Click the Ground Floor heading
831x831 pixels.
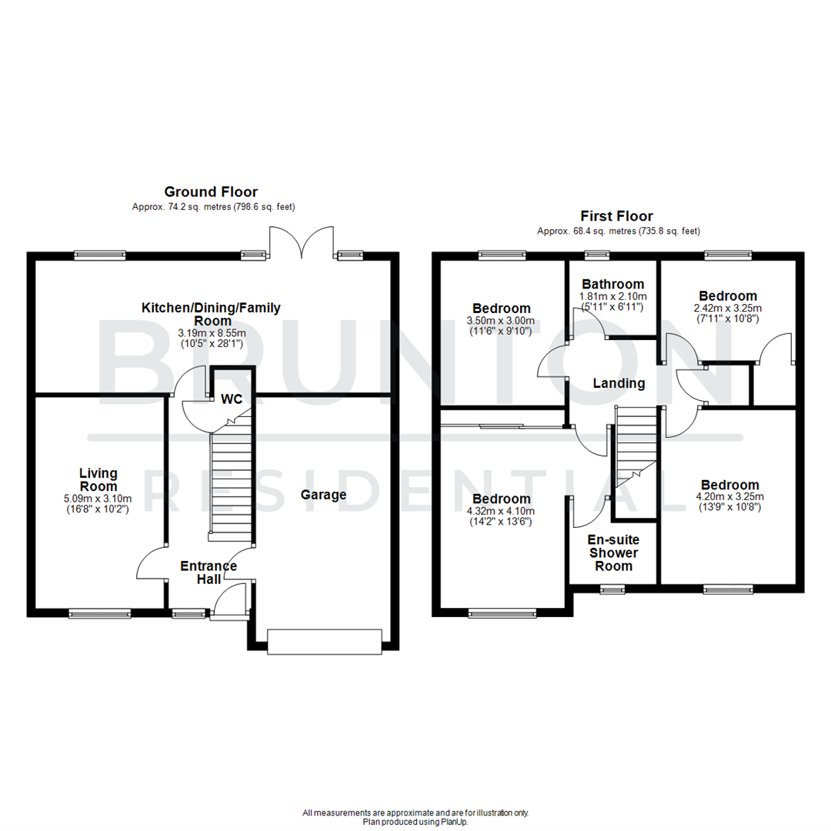tap(210, 192)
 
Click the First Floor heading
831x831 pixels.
tap(617, 217)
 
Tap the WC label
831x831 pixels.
tap(232, 399)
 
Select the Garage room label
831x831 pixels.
tap(323, 495)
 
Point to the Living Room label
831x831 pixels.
tap(99, 479)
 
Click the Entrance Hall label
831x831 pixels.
tap(209, 572)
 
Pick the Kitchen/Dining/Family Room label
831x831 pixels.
tap(211, 315)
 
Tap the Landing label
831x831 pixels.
tap(618, 383)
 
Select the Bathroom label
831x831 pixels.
tap(612, 284)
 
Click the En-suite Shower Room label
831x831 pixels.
tap(613, 552)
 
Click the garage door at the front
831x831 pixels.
tap(324, 642)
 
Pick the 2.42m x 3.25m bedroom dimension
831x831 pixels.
tap(727, 308)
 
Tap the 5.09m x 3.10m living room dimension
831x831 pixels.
tap(99, 499)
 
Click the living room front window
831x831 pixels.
tap(99, 613)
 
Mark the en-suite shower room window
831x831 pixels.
tap(612, 590)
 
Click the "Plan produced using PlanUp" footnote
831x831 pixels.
tap(415, 822)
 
